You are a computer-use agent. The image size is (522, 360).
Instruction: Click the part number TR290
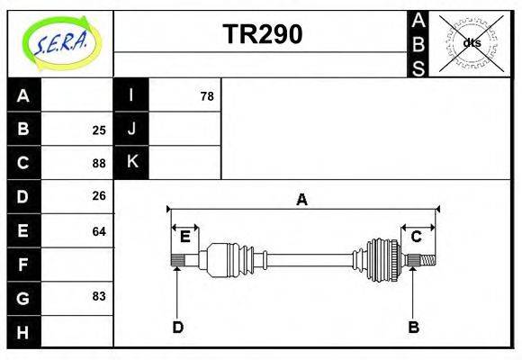[x=262, y=34]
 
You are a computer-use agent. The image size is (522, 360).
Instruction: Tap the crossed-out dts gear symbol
[x=472, y=42]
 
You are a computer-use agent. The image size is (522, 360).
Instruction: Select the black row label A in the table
[x=23, y=95]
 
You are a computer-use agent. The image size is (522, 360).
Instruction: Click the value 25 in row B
[x=99, y=130]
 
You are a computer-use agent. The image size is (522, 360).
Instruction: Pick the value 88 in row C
[x=99, y=163]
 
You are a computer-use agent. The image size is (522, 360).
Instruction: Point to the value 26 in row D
[x=99, y=196]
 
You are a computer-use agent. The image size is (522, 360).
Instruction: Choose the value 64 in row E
[x=99, y=231]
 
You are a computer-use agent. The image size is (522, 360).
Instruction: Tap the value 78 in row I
[x=206, y=95]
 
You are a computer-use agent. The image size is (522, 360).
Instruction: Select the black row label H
[x=23, y=332]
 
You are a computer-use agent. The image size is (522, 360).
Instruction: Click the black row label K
[x=131, y=162]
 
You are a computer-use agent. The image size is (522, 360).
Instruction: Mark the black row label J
[x=131, y=129]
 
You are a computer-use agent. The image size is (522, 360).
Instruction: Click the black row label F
[x=23, y=265]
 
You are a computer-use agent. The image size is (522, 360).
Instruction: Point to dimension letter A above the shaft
[x=301, y=200]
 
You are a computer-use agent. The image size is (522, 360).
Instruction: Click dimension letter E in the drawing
[x=184, y=237]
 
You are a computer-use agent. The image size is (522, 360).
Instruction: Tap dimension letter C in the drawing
[x=417, y=237]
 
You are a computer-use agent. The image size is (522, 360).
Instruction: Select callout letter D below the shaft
[x=178, y=328]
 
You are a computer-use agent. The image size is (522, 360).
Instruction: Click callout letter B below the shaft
[x=413, y=328]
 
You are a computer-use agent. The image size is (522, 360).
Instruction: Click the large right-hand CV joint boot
[x=382, y=260]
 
